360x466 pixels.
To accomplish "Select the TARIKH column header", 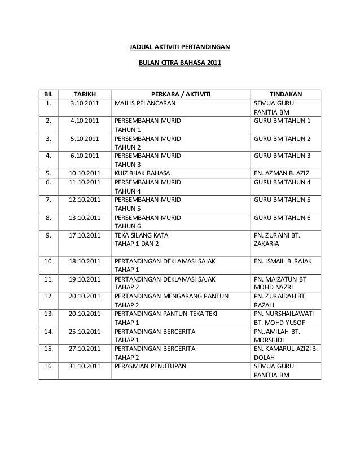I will coord(85,94).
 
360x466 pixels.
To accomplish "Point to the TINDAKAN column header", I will coord(286,94).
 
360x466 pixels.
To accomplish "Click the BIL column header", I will coord(48,94).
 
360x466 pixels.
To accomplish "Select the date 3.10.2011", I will coord(85,104).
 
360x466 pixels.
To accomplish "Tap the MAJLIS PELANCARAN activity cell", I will coord(145,104).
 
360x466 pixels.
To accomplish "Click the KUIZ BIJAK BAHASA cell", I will coord(142,173).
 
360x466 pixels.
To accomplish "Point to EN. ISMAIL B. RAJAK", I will coord(286,262).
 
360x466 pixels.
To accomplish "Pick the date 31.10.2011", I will coord(85,366).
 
